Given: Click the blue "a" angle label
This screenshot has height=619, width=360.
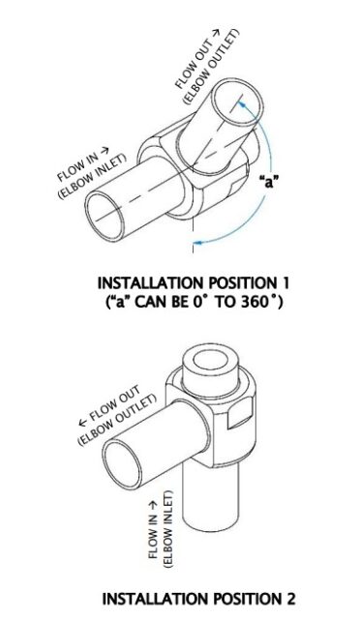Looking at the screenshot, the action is [x=269, y=182].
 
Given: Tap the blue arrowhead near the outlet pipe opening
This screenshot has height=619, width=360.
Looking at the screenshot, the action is [x=242, y=104].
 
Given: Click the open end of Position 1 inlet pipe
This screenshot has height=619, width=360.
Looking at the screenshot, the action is [x=105, y=218].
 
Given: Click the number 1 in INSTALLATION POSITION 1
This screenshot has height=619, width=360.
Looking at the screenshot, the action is [x=285, y=283].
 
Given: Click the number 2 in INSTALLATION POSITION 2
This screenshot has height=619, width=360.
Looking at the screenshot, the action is [x=289, y=599].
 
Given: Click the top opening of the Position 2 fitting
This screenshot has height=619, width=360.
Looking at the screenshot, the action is [x=211, y=360].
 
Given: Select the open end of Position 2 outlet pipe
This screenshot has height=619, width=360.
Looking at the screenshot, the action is [x=122, y=465].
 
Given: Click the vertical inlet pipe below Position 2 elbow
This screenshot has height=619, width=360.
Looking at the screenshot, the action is [x=211, y=494].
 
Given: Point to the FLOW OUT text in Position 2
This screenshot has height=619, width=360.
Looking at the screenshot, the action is [x=109, y=406].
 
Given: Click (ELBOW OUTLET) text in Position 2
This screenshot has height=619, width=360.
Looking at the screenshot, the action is [x=117, y=420].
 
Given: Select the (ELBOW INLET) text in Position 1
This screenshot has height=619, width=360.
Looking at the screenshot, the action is [x=93, y=176].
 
